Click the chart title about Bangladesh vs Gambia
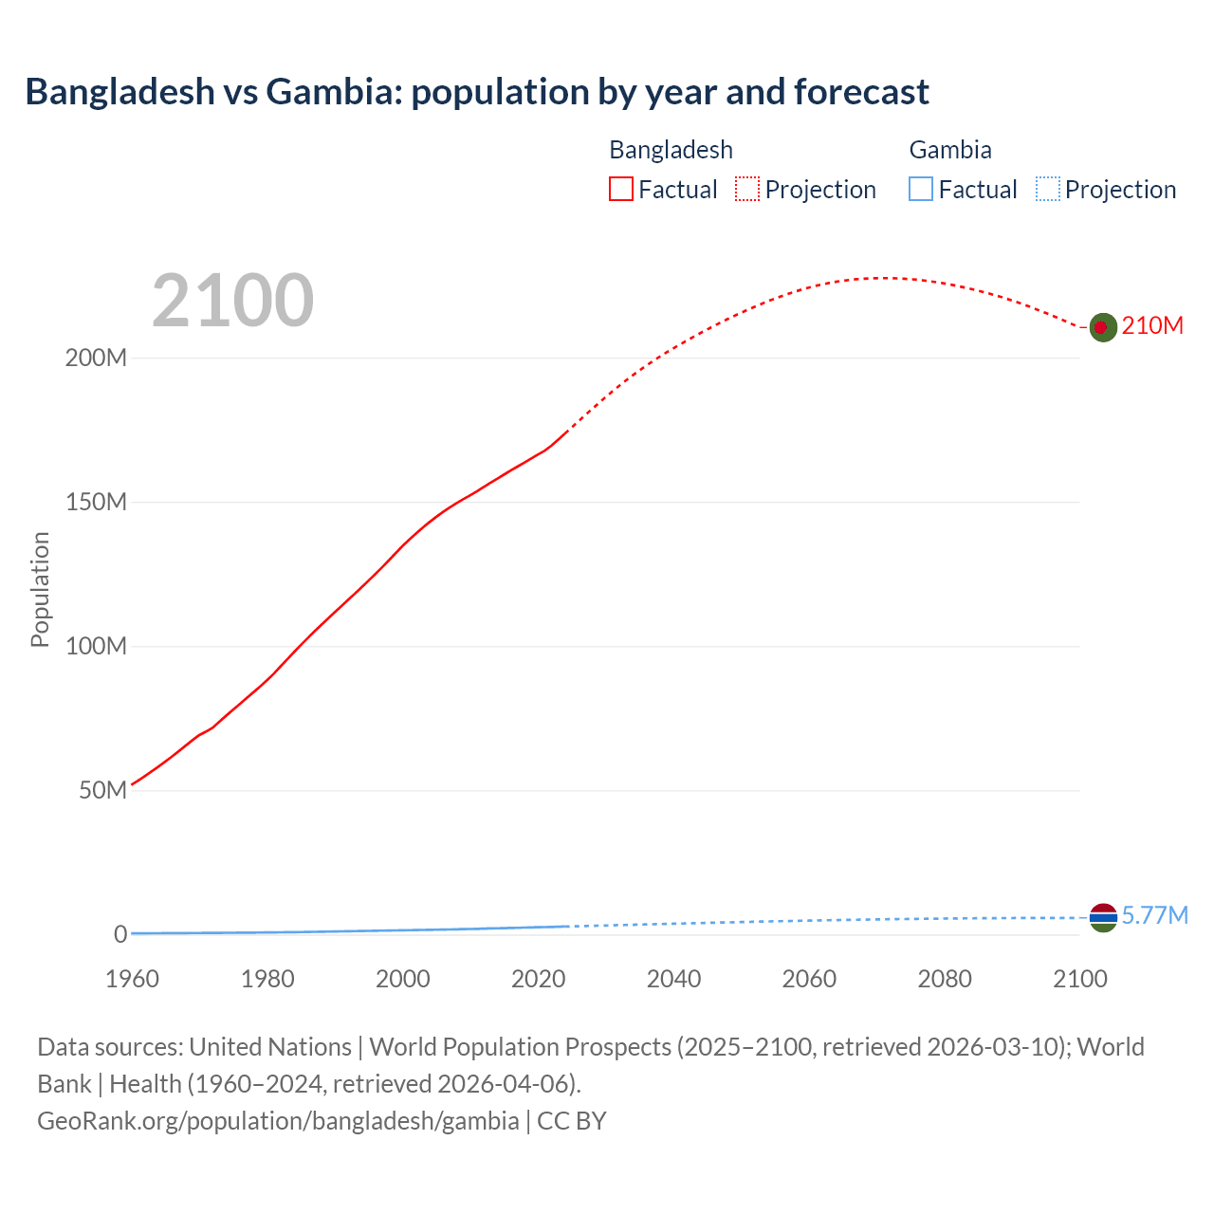pyautogui.click(x=477, y=92)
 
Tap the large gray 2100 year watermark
pyautogui.click(x=232, y=300)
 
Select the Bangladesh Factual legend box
pyautogui.click(x=621, y=190)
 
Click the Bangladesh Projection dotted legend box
pyautogui.click(x=747, y=190)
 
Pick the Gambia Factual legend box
pyautogui.click(x=921, y=190)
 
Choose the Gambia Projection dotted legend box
pyautogui.click(x=1048, y=190)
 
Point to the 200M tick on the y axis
pyautogui.click(x=96, y=359)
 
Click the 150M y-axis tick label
pyautogui.click(x=96, y=503)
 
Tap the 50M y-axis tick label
pyautogui.click(x=102, y=791)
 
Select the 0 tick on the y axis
pyautogui.click(x=120, y=934)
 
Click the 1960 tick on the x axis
pyautogui.click(x=132, y=979)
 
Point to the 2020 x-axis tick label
pyautogui.click(x=539, y=979)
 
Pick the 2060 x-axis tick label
pyautogui.click(x=809, y=979)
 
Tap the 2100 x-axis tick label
pyautogui.click(x=1080, y=979)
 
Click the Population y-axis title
pyautogui.click(x=40, y=589)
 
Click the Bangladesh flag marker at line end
pyautogui.click(x=1102, y=327)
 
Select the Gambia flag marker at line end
pyautogui.click(x=1103, y=917)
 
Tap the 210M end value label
pyautogui.click(x=1152, y=326)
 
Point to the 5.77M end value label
pyautogui.click(x=1154, y=915)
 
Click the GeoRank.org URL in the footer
pyautogui.click(x=278, y=1121)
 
